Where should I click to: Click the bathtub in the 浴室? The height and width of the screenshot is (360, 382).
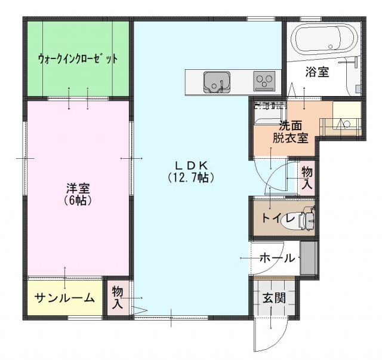tap(326, 39)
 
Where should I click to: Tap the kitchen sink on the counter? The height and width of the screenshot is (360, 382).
tap(217, 82)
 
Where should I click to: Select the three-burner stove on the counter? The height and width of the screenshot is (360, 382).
tap(264, 81)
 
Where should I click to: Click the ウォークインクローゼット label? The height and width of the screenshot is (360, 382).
tap(78, 59)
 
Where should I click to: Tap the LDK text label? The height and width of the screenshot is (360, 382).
tap(191, 166)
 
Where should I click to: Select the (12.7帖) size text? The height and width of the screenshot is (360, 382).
tap(191, 178)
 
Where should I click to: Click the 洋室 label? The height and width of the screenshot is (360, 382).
tap(78, 188)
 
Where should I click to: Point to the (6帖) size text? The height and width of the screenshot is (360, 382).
tap(78, 200)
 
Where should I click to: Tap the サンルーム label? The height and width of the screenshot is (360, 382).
tap(64, 298)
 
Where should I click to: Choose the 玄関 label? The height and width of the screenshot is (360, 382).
tap(274, 297)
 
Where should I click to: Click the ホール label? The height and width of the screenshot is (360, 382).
tap(277, 258)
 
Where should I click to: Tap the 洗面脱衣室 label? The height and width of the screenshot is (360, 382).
tap(291, 132)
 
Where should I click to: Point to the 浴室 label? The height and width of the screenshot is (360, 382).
tap(317, 72)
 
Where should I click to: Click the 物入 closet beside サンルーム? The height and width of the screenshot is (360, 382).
tap(118, 297)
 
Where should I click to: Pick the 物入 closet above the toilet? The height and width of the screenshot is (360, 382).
tap(307, 178)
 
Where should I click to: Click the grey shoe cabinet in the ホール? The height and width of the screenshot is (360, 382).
tap(308, 258)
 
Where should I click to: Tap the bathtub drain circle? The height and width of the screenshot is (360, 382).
tap(331, 47)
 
